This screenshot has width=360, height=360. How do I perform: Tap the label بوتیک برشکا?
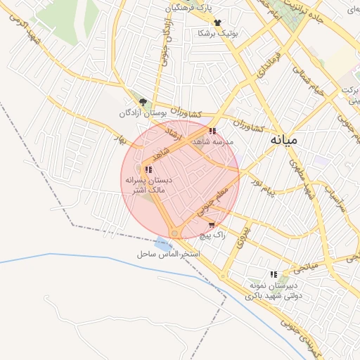218,33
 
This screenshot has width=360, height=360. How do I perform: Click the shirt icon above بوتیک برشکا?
217,22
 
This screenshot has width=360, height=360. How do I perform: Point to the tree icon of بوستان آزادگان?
143,103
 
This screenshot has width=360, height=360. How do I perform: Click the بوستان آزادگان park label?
145,113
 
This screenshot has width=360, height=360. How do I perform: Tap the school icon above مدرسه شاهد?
212,131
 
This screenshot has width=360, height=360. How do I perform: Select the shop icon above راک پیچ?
212,225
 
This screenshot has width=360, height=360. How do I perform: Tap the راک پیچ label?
212,236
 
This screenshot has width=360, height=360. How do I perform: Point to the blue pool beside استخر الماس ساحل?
164,245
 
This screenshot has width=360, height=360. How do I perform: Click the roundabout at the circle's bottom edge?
174,233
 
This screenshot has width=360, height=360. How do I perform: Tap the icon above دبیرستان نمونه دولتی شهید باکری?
274,274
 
